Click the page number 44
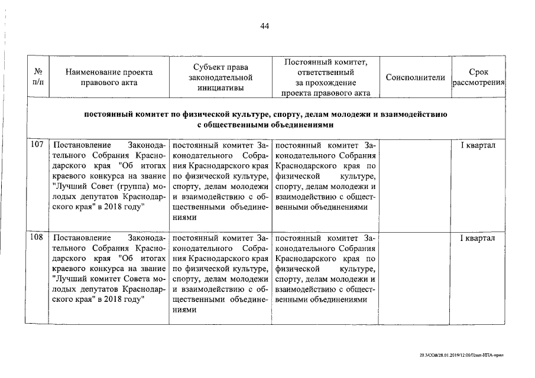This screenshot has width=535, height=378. tap(264, 27)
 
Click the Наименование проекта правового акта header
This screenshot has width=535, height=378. tap(109, 77)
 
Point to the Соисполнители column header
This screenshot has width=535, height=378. tap(414, 77)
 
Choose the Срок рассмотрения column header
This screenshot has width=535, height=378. tap(478, 77)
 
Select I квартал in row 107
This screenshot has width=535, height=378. tap(478, 145)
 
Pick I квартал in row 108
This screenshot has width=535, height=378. tap(478, 238)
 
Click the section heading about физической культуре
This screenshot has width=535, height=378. tap(264, 114)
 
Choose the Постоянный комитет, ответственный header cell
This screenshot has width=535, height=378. tap(326, 77)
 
